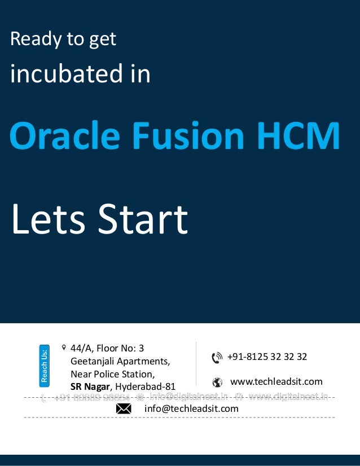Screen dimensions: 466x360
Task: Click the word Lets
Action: pyautogui.click(x=49, y=219)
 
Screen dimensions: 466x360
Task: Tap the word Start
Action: pyautogui.click(x=143, y=219)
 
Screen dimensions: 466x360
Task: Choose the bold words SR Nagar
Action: pyautogui.click(x=91, y=386)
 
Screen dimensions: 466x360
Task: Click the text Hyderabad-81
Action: pyautogui.click(x=146, y=386)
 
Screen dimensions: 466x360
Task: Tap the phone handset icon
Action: pyautogui.click(x=217, y=358)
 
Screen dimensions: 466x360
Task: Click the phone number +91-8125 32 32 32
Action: pyautogui.click(x=267, y=357)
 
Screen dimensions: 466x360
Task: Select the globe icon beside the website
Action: pyautogui.click(x=217, y=382)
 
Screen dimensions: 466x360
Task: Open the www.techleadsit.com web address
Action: pyautogui.click(x=276, y=382)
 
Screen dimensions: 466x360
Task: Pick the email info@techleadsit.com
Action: pyautogui.click(x=191, y=408)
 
